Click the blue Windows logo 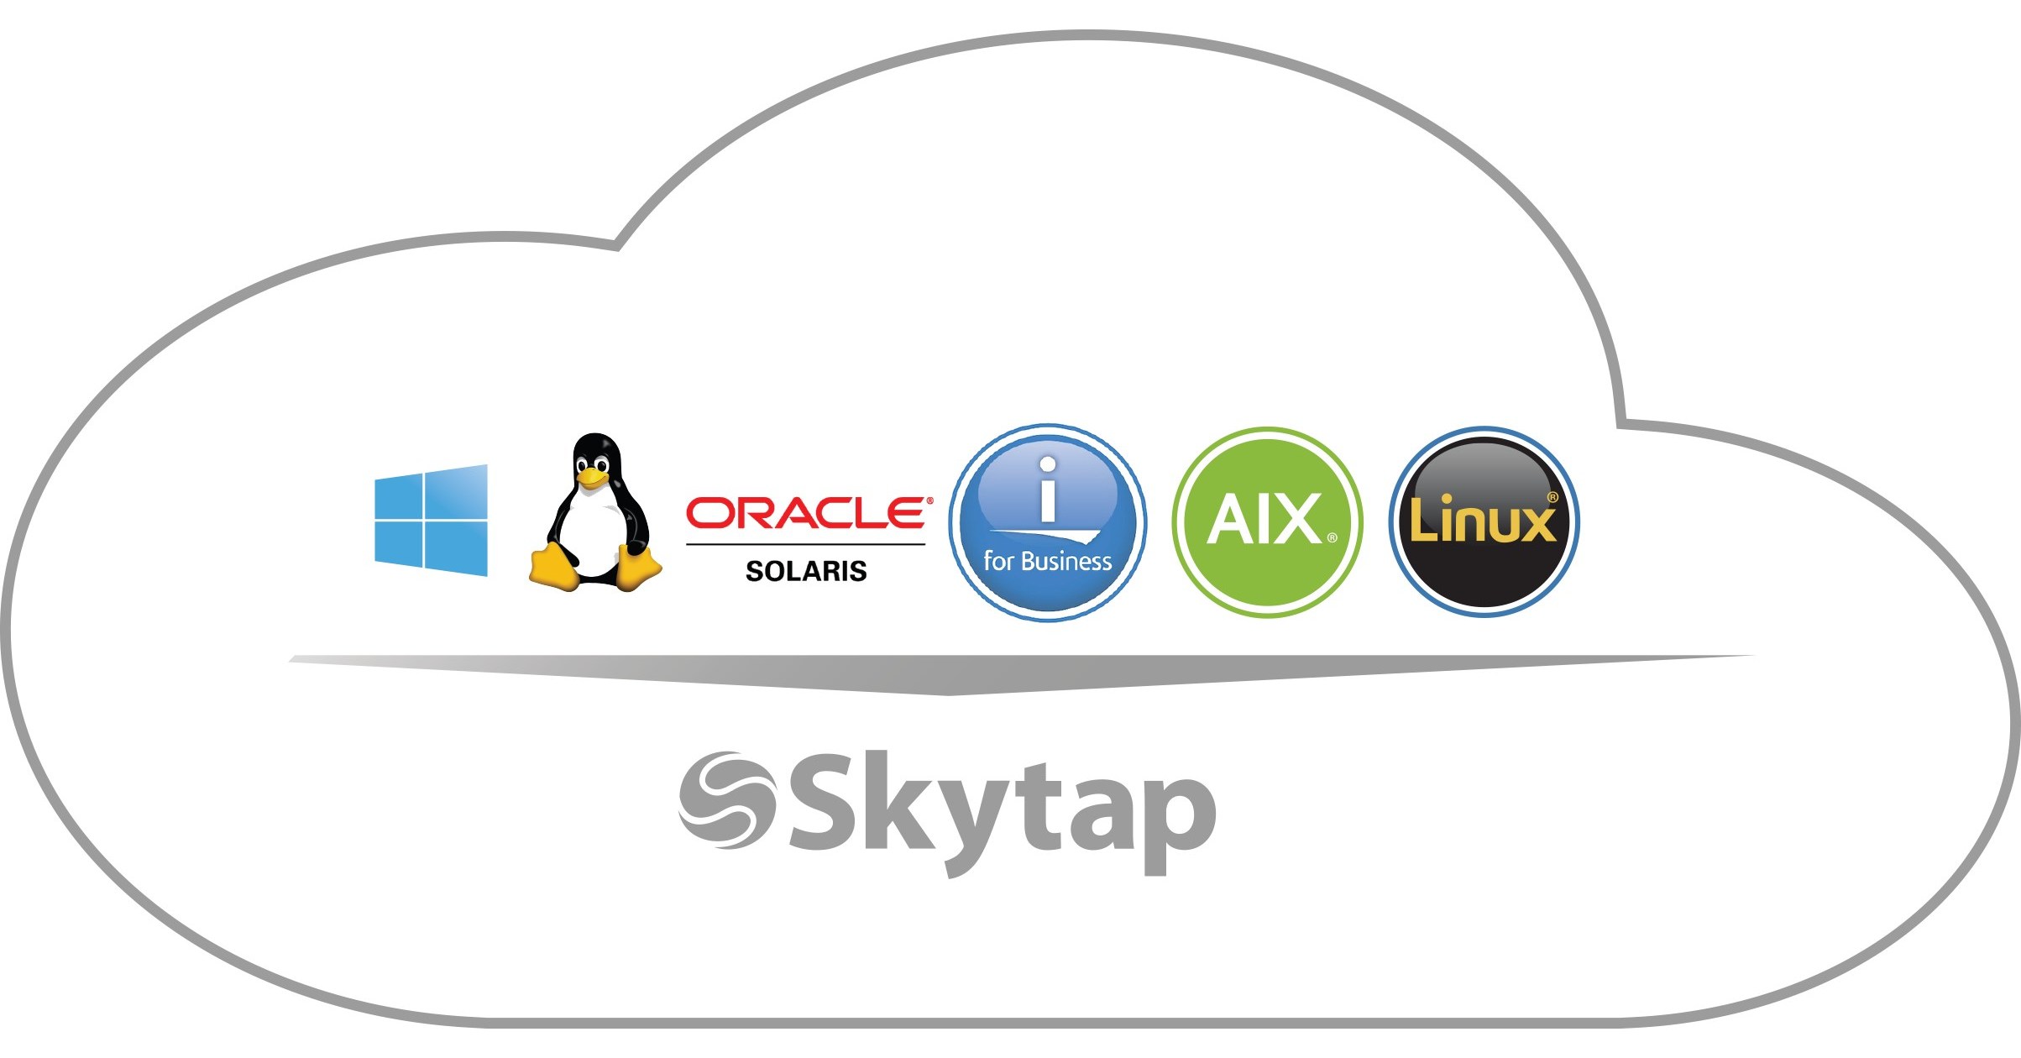coord(431,521)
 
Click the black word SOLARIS coord(806,571)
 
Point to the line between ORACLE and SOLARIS coord(805,544)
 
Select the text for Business coord(1047,561)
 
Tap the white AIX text coord(1265,520)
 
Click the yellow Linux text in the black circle coord(1482,521)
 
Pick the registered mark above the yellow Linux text coord(1552,497)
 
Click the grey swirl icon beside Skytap coord(727,800)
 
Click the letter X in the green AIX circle coord(1296,520)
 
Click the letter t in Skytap coord(1041,806)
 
